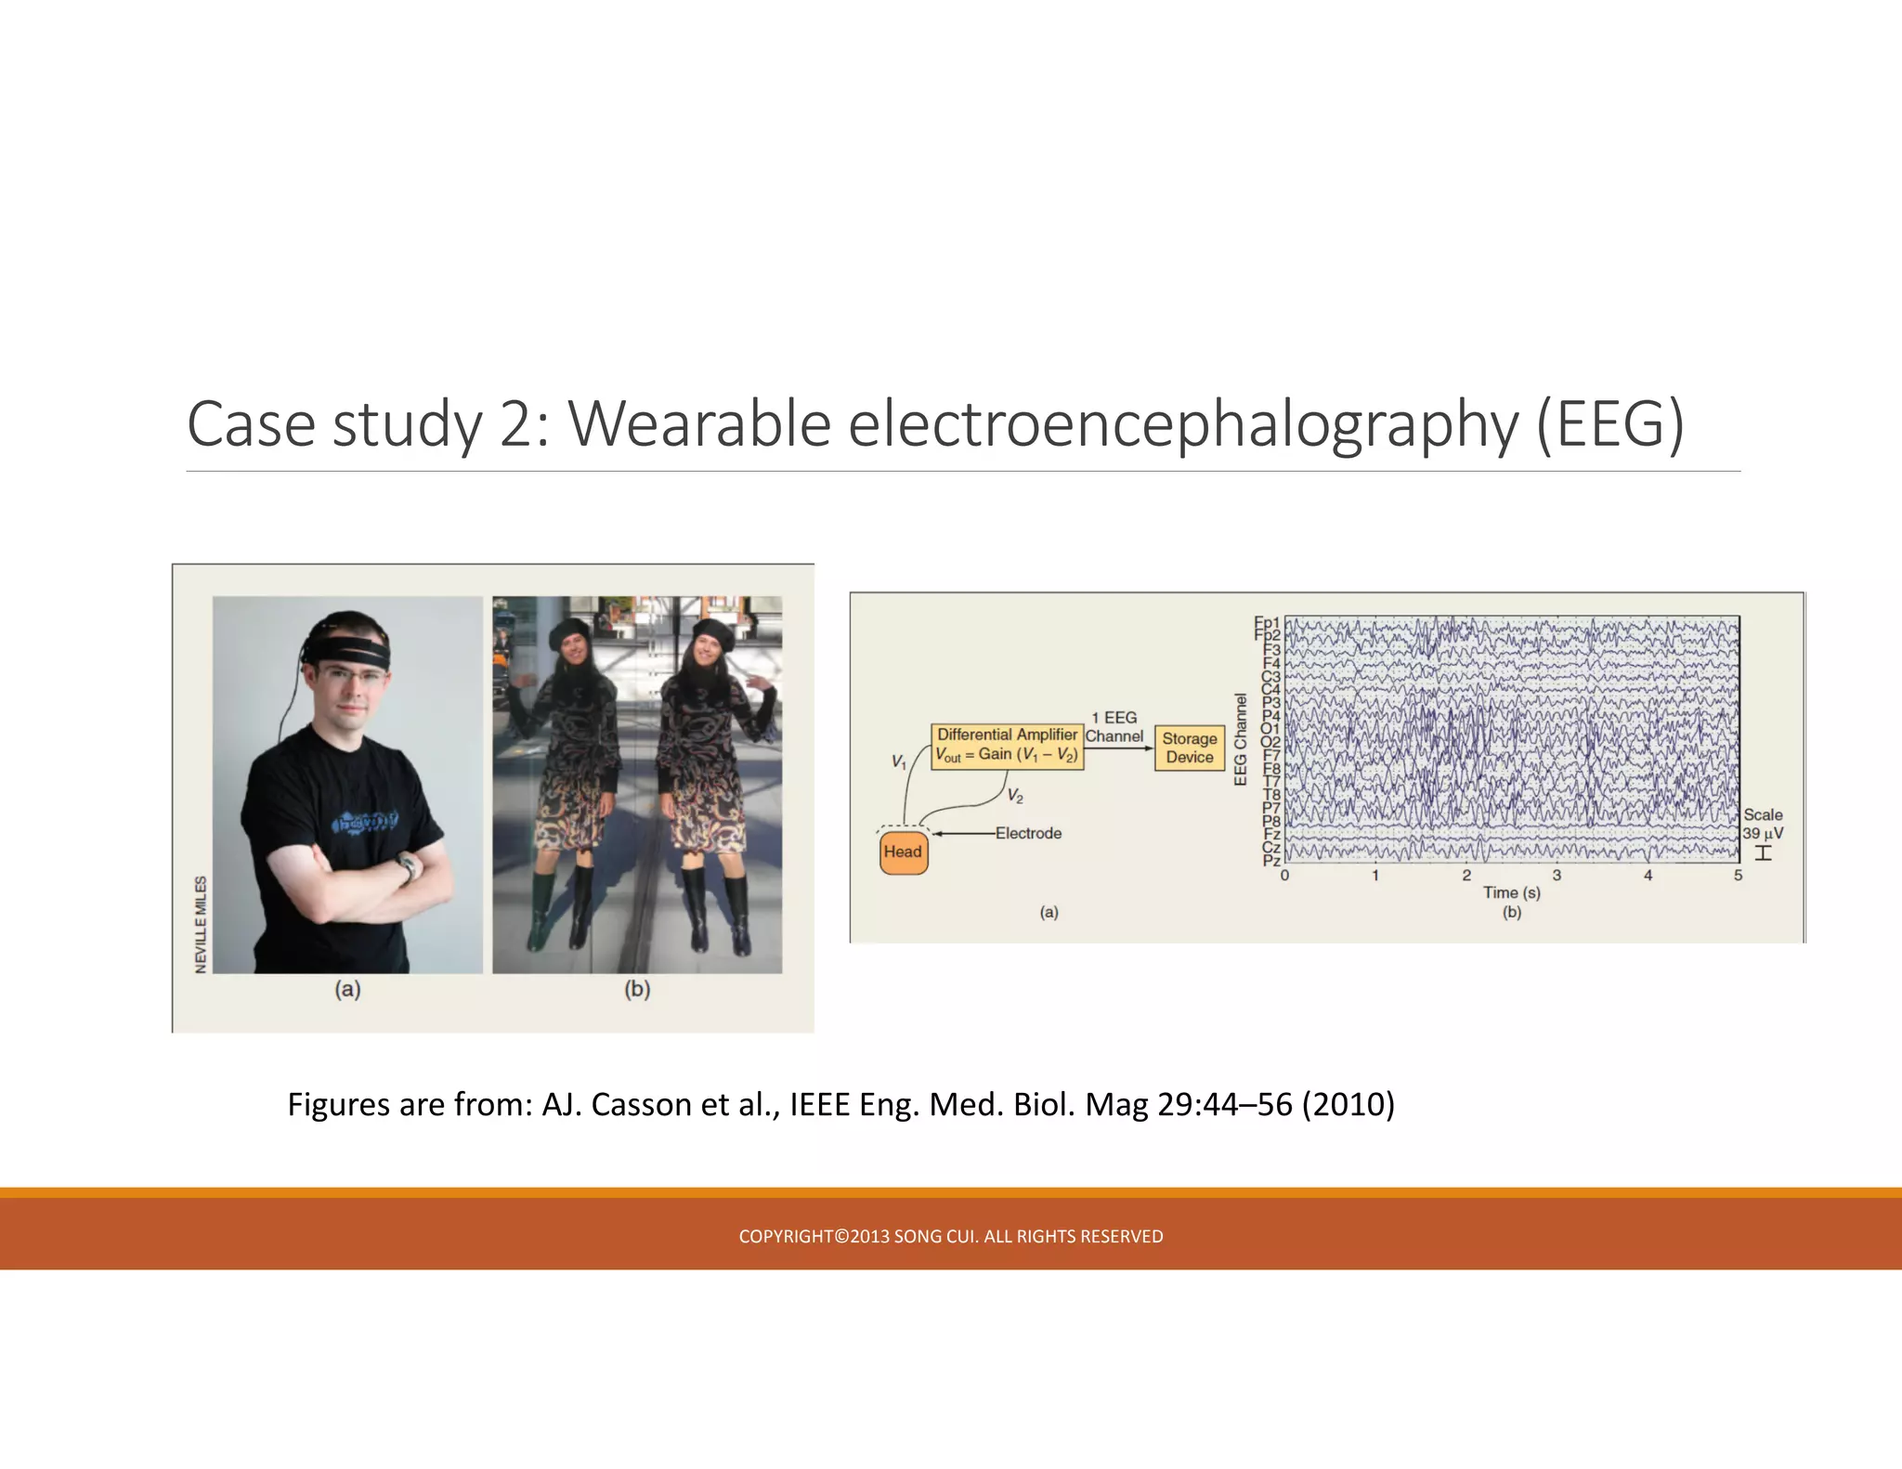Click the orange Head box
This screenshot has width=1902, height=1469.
click(x=903, y=852)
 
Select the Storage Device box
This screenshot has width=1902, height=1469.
click(x=1189, y=747)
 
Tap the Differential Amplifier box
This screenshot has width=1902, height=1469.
click(x=1007, y=745)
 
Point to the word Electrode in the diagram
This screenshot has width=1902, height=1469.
click(x=1028, y=833)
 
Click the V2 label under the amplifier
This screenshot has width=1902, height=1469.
click(x=1015, y=797)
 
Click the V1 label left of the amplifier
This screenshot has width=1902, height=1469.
click(x=898, y=761)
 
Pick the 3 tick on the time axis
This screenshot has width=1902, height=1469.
click(x=1557, y=876)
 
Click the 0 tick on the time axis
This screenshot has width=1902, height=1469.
click(x=1285, y=876)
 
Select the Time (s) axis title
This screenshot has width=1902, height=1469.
click(x=1511, y=892)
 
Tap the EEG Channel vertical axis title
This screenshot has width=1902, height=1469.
click(x=1241, y=740)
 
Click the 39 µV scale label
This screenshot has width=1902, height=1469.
click(x=1762, y=834)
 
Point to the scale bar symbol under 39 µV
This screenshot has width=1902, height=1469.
click(x=1763, y=853)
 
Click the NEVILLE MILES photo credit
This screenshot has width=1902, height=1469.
click(x=201, y=925)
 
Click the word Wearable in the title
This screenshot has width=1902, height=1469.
click(x=698, y=424)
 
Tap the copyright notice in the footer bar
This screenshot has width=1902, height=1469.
click(x=950, y=1236)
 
